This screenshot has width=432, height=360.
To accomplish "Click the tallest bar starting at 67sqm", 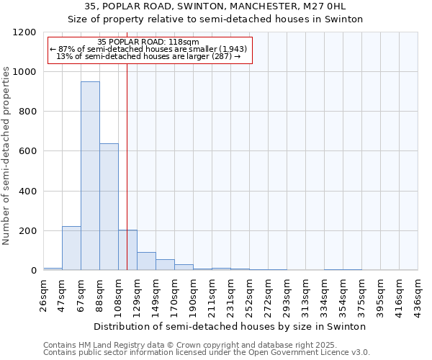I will tap(90, 176).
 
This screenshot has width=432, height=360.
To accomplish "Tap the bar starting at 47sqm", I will tap(71, 248).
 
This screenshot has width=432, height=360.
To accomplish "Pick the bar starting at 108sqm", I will tap(127, 250).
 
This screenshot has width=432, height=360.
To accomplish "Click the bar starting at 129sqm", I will tap(146, 261).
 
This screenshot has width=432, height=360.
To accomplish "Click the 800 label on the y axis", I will tap(27, 112).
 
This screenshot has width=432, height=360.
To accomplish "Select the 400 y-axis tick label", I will tap(27, 192).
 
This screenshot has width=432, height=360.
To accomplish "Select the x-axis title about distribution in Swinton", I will tap(230, 326).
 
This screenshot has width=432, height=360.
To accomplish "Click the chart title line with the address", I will tap(215, 6).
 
